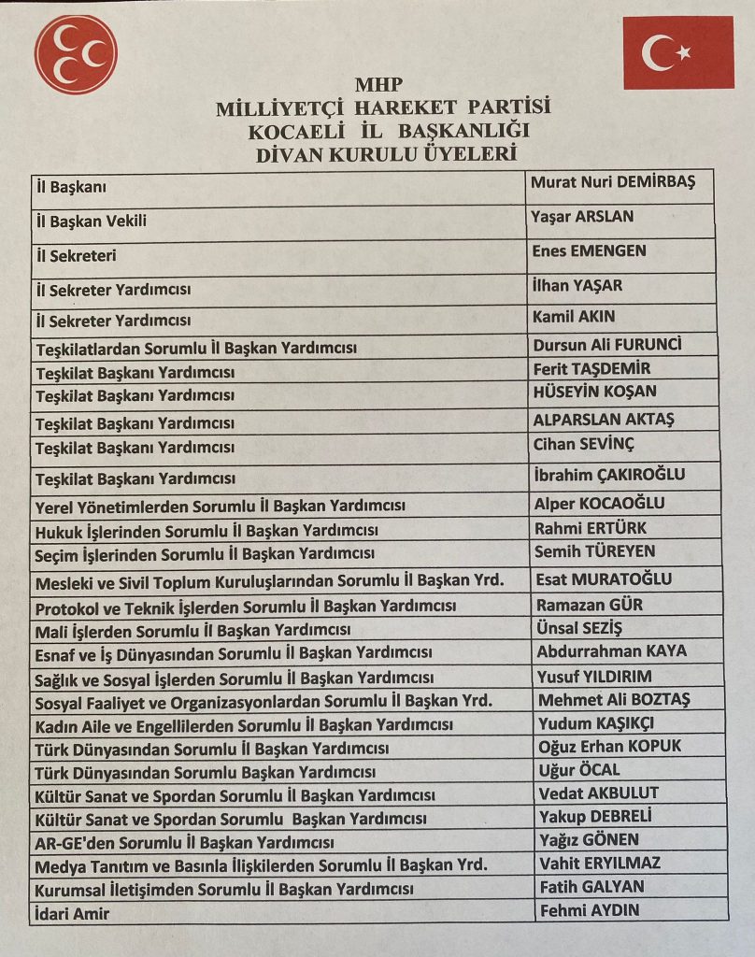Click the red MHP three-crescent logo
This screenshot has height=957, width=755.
coord(76,54)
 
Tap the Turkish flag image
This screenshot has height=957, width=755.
coord(678,52)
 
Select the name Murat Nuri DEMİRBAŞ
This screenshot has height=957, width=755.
coord(613,182)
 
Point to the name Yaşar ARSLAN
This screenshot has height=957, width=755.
coord(582,217)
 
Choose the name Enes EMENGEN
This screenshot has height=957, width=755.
coord(589,250)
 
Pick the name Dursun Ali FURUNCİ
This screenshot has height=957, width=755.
coord(607,344)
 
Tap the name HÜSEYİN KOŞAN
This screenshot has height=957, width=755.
coord(594,391)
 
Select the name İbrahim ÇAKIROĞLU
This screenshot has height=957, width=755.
coord(608,474)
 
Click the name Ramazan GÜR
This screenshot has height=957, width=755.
coord(589,604)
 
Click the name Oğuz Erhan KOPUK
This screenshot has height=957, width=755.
coord(610,746)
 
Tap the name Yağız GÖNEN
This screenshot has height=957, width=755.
coord(589,839)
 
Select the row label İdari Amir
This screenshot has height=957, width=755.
coord(72,913)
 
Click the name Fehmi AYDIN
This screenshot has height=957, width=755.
coord(589,909)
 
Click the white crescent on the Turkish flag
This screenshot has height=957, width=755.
coord(660,52)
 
